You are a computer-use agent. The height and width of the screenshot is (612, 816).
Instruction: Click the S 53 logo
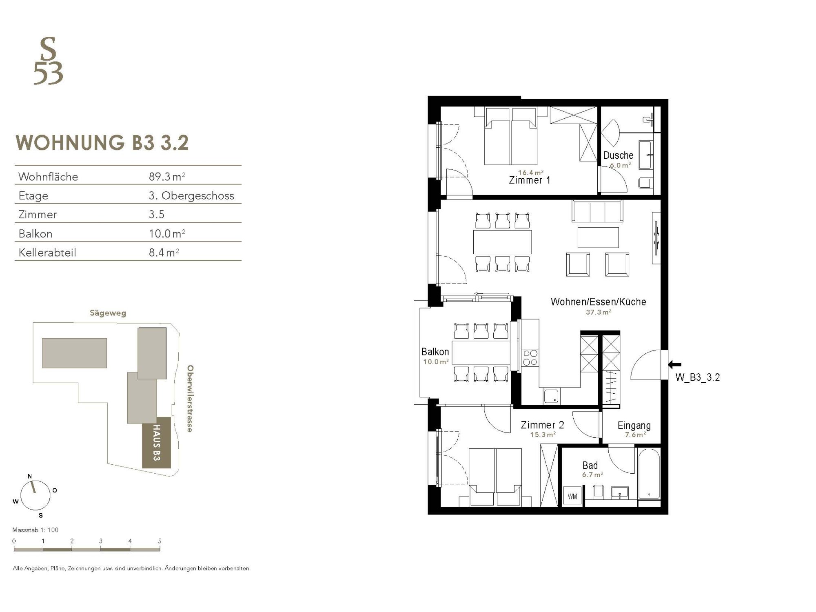pos(48,61)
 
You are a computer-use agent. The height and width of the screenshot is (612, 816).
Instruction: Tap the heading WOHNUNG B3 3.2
pos(102,143)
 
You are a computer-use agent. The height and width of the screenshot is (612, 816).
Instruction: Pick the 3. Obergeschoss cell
pos(191,196)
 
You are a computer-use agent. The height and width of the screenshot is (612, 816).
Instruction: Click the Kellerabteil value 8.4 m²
pos(164,253)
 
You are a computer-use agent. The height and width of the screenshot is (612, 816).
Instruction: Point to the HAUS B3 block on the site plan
pos(156,443)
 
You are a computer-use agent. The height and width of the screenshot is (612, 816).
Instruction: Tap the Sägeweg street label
pos(108,313)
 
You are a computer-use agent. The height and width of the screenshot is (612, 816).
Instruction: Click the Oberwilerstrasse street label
pos(190,399)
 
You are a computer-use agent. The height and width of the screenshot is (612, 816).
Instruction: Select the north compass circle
pos(35,495)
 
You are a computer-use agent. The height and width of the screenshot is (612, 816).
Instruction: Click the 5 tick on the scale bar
pos(160,541)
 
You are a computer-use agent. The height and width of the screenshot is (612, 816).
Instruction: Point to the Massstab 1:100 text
pos(35,530)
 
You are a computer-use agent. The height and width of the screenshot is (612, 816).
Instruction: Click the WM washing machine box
pos(572,497)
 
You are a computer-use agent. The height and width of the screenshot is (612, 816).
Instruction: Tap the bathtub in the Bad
pos(649,474)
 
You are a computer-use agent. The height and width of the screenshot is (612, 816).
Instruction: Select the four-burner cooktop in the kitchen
pos(530,358)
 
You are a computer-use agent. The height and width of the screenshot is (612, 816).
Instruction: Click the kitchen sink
pos(551,396)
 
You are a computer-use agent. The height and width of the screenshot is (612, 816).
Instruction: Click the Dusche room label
pos(618,155)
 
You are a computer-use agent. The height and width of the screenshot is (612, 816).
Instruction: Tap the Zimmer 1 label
pos(530,180)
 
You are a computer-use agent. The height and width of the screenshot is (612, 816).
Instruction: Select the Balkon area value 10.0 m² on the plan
pos(436,361)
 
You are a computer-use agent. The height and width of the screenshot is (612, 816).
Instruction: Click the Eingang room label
pos(634,426)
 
